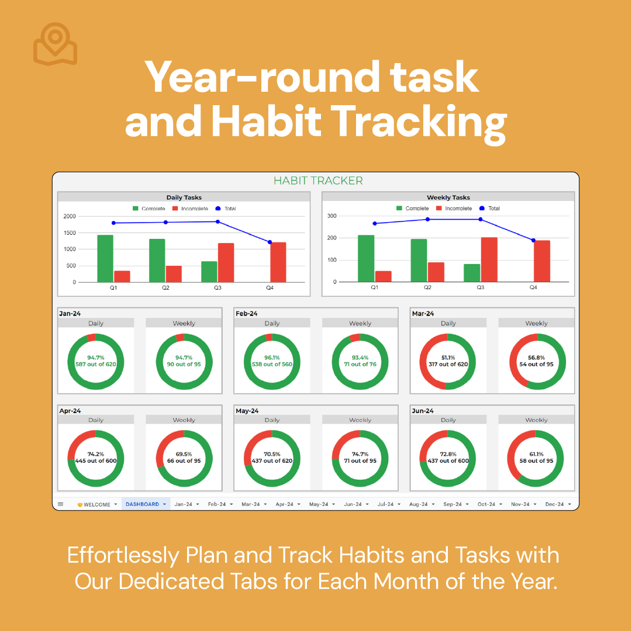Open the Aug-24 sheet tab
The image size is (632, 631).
coord(422,504)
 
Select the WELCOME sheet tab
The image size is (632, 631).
coord(96,505)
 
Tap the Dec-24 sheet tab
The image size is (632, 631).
coord(558,504)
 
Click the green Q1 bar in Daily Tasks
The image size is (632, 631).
coord(105,258)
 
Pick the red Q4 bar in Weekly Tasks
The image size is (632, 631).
coord(542,261)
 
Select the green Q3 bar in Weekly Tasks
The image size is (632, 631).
coord(472,273)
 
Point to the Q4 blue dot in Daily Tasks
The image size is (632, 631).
coord(270,242)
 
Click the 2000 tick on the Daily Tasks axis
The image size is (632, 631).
coord(70,216)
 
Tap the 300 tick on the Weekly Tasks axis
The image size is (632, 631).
coord(331,216)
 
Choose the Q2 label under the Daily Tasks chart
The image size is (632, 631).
coord(165,287)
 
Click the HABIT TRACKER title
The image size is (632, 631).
coord(318,181)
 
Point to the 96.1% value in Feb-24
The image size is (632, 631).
coord(272,358)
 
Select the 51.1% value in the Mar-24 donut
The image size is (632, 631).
coord(448,358)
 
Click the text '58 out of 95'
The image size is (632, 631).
coord(536,460)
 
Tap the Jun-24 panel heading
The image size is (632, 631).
coord(423,411)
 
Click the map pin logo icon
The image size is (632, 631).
coord(55,44)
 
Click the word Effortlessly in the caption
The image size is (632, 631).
coord(123,556)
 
